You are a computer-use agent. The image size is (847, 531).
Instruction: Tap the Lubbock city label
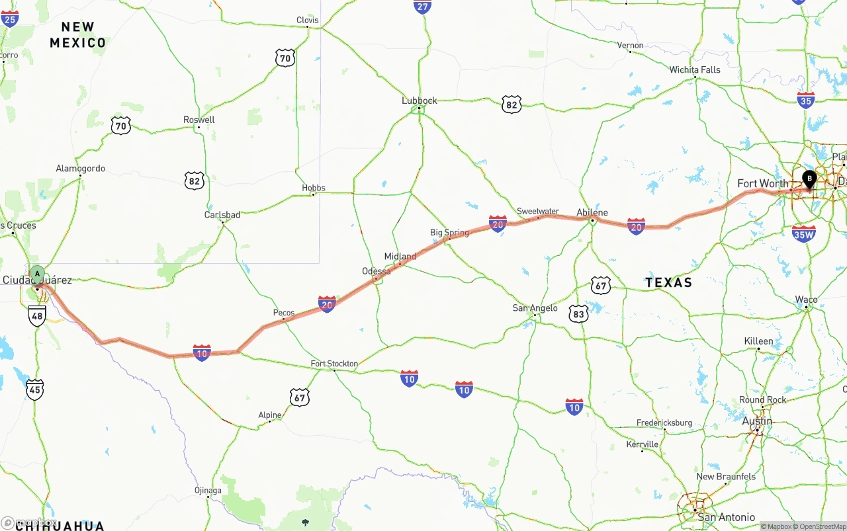tap(420, 101)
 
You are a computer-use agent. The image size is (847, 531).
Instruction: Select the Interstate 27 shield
tap(423, 6)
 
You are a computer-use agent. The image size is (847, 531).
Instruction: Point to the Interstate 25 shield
tap(10, 18)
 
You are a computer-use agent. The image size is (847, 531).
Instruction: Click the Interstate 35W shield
tap(803, 233)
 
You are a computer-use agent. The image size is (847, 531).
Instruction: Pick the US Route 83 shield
tap(579, 314)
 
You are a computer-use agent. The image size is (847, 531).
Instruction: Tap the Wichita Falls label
tap(695, 69)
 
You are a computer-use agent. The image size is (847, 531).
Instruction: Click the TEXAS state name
tap(668, 282)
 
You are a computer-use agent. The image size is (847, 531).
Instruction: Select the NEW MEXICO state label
tap(78, 35)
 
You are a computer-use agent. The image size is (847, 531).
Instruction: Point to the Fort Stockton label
tap(334, 364)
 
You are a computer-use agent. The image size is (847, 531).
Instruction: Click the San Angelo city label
tap(535, 308)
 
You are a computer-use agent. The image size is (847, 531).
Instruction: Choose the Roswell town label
tap(199, 120)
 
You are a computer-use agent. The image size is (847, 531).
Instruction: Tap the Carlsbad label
tap(222, 215)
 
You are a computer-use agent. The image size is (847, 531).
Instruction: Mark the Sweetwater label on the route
tap(538, 212)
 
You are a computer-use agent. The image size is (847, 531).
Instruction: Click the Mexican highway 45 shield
tap(35, 389)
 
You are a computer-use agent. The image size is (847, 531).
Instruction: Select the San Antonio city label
tap(726, 517)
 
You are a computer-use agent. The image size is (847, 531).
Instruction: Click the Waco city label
tap(806, 300)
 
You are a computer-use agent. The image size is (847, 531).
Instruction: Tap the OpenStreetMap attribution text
tap(819, 527)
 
